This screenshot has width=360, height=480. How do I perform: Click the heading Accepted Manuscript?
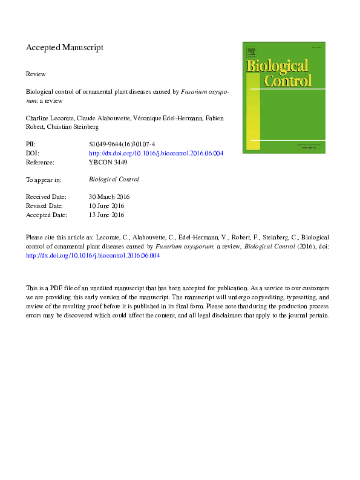[x=65, y=47]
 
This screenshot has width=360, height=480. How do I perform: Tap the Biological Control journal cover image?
[x=284, y=97]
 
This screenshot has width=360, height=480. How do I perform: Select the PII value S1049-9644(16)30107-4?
[x=122, y=145]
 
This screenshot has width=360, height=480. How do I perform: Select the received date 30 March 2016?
[x=110, y=197]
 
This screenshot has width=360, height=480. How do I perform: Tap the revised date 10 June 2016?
[x=107, y=206]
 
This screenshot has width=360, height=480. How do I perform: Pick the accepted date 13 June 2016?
[x=107, y=215]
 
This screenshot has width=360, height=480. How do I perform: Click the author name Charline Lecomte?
[x=48, y=118]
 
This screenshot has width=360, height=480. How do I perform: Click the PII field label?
[x=31, y=145]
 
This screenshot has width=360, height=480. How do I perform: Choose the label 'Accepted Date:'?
[x=47, y=215]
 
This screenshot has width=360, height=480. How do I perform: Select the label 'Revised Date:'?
[x=45, y=206]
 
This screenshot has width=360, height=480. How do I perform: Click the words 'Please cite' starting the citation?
[x=40, y=238]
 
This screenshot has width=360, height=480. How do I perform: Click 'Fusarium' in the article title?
[x=194, y=92]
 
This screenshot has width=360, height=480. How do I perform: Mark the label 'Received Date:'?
[x=47, y=197]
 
